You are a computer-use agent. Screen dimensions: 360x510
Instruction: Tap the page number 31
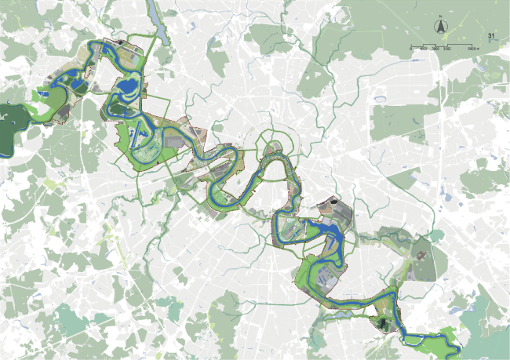tap(491, 36)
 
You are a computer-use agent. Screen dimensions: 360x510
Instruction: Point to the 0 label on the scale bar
tap(411, 49)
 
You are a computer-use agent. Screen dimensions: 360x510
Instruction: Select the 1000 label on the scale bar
tap(424, 49)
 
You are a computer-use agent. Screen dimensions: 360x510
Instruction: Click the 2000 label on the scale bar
tap(435, 49)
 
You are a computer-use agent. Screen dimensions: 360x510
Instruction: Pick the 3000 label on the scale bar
tap(447, 49)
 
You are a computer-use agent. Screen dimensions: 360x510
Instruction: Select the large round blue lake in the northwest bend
tap(126, 85)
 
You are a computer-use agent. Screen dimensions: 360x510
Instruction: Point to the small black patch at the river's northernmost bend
tap(120, 42)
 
